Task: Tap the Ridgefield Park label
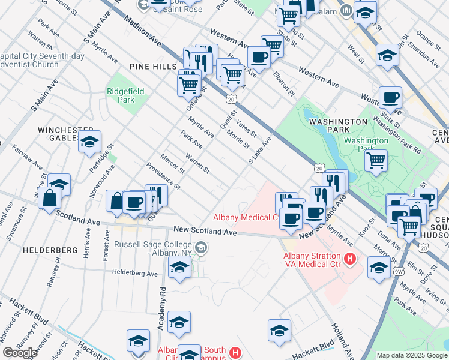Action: (x=121, y=96)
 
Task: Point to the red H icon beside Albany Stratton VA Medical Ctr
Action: (x=350, y=260)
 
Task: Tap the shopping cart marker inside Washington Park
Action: (x=376, y=160)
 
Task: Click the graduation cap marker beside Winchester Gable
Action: (x=89, y=143)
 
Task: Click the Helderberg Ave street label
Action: (x=135, y=273)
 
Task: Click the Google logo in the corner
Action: (x=20, y=353)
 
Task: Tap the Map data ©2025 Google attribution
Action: (x=412, y=356)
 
